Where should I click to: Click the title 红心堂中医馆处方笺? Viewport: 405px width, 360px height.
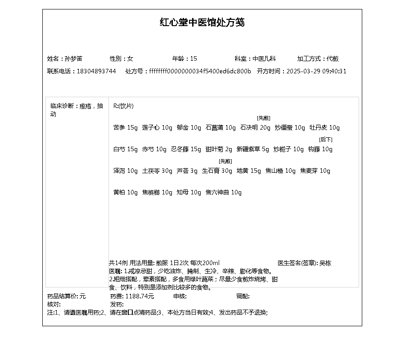(202, 22)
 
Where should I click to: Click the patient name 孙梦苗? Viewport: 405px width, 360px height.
(73, 58)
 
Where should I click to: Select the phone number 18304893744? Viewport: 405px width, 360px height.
(96, 71)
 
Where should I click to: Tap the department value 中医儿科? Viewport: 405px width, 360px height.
(264, 58)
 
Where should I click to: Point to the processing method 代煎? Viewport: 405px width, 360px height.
(333, 58)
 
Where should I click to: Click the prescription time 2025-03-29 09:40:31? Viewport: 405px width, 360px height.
(316, 71)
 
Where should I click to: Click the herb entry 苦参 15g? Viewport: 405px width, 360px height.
(125, 128)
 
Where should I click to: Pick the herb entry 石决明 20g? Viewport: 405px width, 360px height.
(255, 128)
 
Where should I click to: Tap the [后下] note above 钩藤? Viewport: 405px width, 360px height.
(325, 139)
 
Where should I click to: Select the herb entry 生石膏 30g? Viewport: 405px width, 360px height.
(217, 171)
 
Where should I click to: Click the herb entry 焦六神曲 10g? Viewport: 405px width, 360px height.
(224, 193)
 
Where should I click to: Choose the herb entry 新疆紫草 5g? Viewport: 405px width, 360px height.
(252, 149)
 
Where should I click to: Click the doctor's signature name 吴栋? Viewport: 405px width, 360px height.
(325, 263)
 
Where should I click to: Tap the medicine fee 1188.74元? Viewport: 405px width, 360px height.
(139, 296)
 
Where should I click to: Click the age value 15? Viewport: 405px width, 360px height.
(193, 58)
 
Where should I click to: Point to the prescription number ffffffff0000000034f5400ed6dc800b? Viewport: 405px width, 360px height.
(200, 71)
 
